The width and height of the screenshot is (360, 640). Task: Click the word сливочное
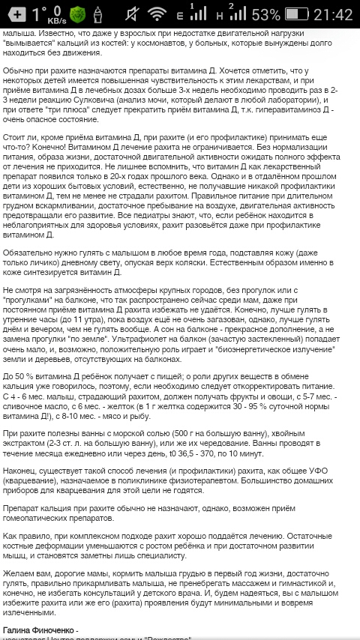[x=26, y=409]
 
